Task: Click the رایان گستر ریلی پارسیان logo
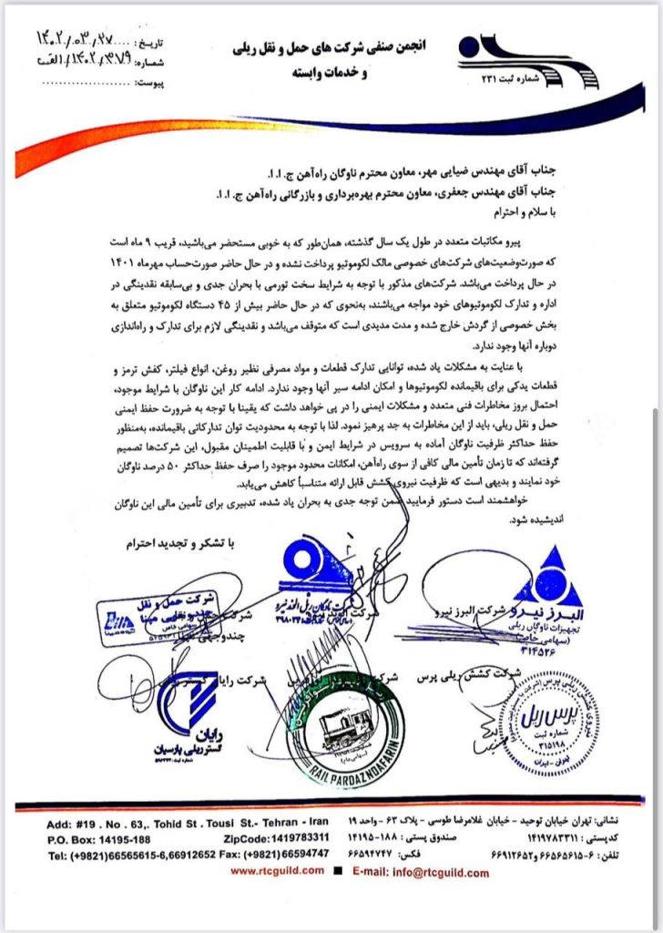pyautogui.click(x=195, y=713)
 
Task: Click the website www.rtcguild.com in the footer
pyautogui.click(x=281, y=871)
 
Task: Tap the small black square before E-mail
pyautogui.click(x=339, y=871)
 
